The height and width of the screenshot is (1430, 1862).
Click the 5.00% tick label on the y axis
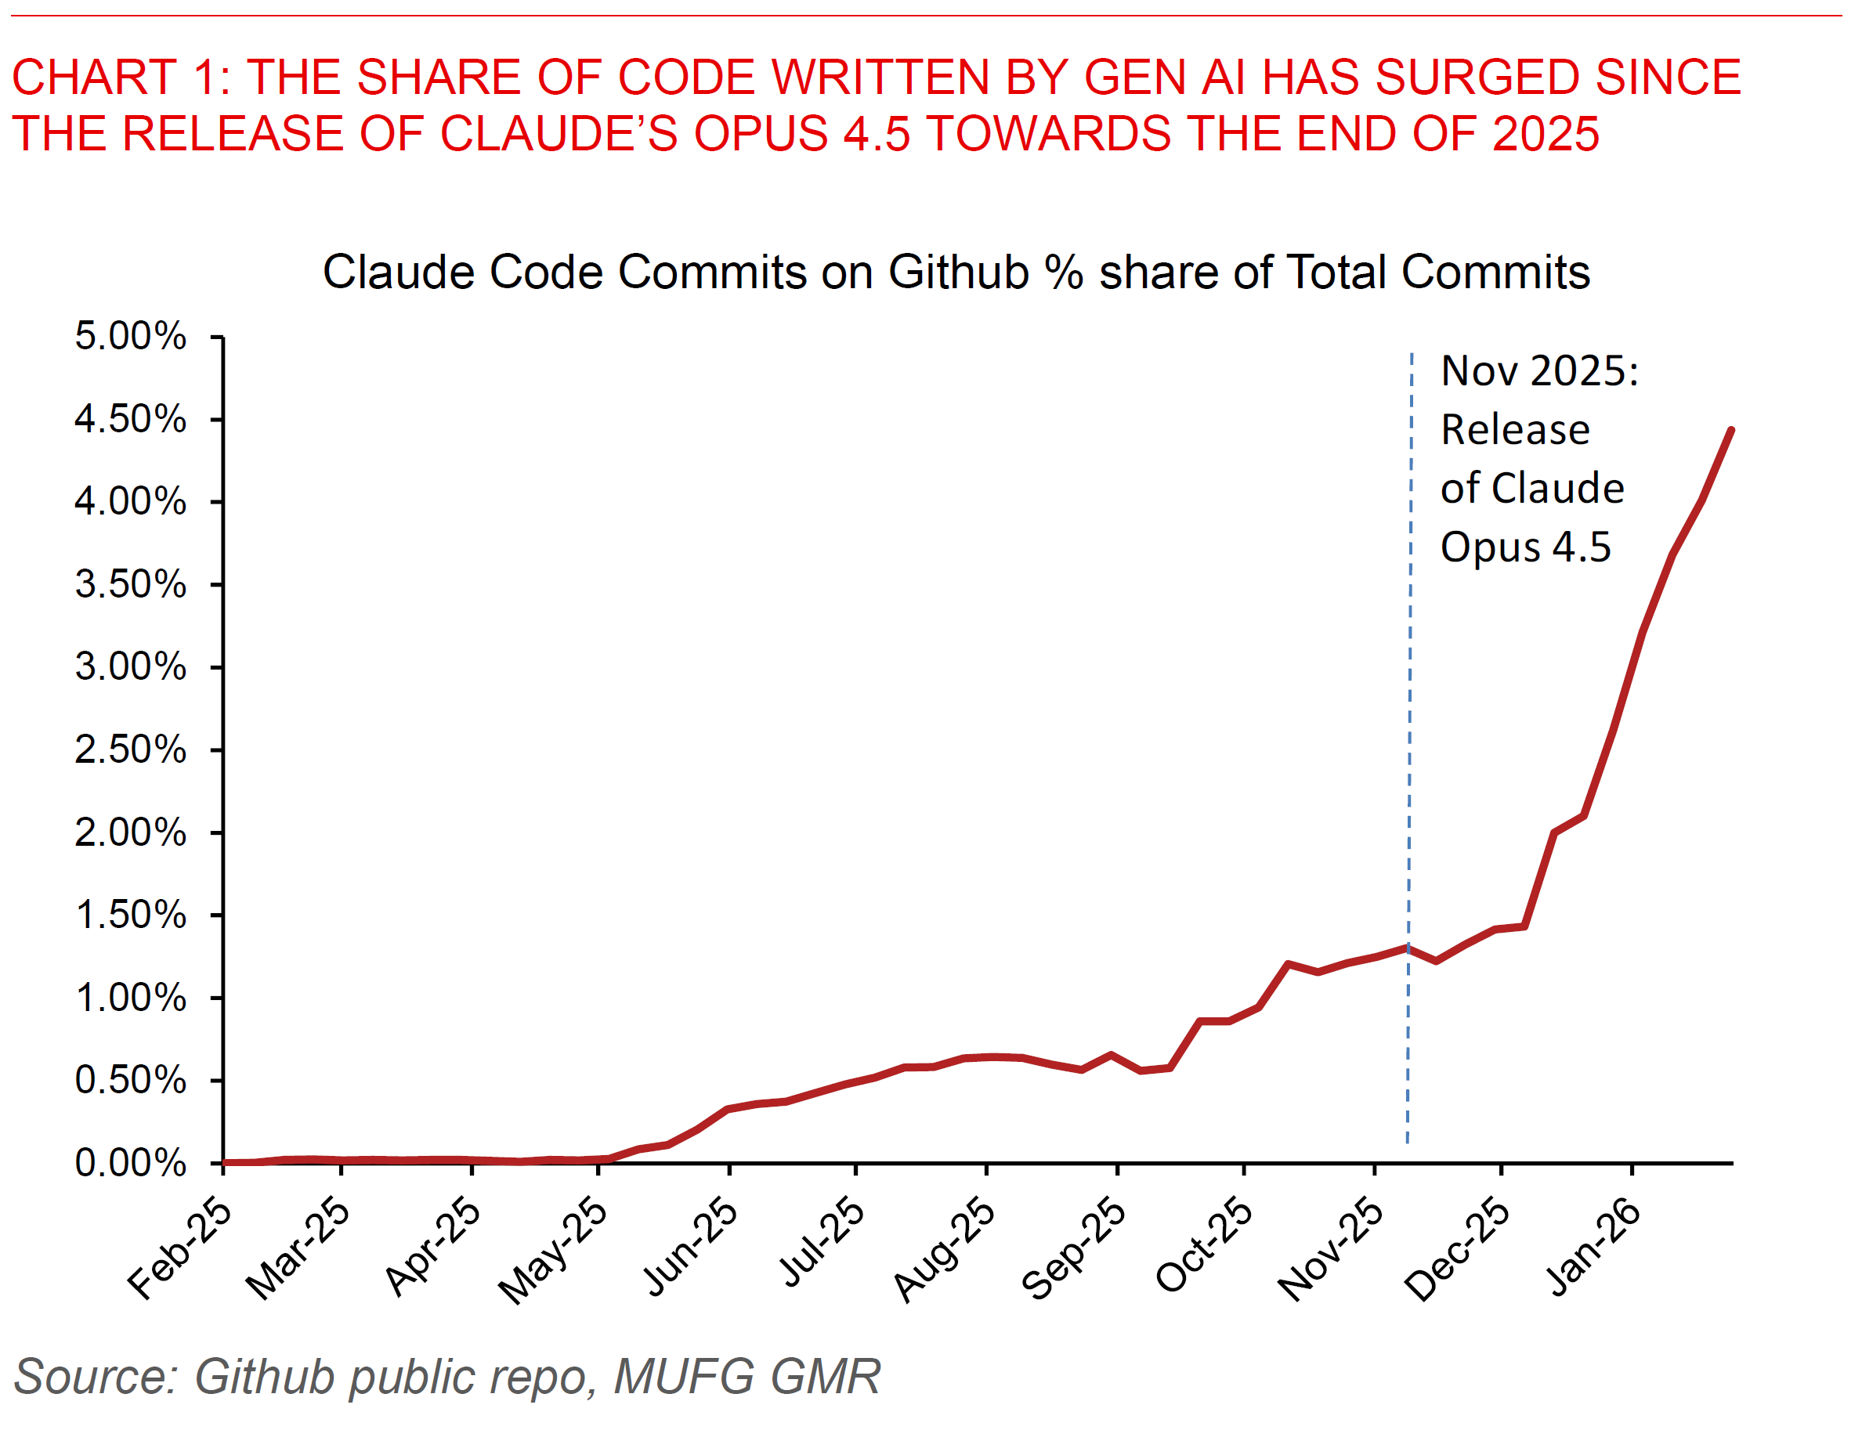(129, 336)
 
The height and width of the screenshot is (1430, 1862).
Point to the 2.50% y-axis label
(129, 750)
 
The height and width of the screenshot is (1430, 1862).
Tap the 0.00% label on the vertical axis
(129, 1163)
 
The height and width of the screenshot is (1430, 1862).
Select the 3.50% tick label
(129, 585)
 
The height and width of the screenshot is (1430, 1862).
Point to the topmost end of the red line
(1731, 431)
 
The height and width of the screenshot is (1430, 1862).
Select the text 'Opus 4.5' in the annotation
(1525, 547)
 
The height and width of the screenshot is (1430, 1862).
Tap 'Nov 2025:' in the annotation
(1539, 371)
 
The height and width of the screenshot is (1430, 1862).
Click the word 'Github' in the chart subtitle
(959, 273)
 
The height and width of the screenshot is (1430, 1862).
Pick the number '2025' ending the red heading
(1546, 134)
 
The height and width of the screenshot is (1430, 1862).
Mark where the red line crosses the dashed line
(1408, 947)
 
